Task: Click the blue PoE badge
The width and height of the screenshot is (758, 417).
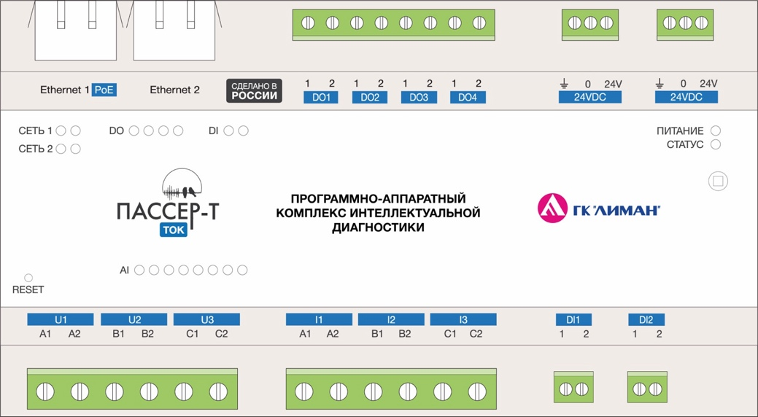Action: click(104, 90)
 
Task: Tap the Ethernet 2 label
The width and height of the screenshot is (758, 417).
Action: click(174, 90)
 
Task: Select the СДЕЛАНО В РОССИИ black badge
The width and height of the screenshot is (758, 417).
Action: click(255, 91)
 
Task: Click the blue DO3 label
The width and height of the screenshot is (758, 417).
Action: click(419, 97)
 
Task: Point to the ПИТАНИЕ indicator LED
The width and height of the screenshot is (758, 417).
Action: click(716, 130)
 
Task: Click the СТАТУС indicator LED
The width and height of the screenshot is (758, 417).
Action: click(716, 144)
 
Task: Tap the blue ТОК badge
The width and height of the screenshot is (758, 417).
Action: click(174, 230)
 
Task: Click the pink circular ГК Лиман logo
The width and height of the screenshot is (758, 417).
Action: click(552, 208)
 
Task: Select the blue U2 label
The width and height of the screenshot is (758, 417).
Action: click(134, 319)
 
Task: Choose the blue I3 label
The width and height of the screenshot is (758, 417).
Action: click(463, 319)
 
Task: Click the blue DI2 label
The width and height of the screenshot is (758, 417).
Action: click(646, 319)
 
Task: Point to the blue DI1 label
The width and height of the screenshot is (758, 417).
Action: click(573, 319)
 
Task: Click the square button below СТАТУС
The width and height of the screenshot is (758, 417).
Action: click(718, 182)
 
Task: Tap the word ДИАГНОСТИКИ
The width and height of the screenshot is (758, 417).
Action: click(378, 227)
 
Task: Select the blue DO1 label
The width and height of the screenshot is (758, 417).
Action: click(321, 97)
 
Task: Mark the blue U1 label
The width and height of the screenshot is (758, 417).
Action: click(61, 319)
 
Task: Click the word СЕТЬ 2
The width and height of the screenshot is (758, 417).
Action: click(35, 149)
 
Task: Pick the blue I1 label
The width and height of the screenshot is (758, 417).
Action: click(319, 319)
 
